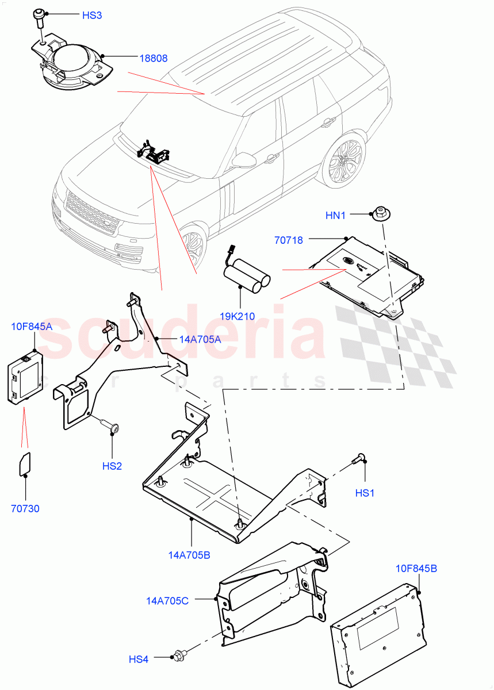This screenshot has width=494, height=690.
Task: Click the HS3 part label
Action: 91,15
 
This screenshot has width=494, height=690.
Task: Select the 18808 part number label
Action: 154,58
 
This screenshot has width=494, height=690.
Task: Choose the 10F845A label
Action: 31,327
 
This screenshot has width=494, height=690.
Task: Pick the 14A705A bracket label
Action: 200,339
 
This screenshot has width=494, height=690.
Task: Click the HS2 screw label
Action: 112,466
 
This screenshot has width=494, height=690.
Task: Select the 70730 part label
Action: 25,508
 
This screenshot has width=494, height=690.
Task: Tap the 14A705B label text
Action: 189,555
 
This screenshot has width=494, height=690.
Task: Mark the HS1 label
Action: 365,493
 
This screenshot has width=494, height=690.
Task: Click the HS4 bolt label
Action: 138,659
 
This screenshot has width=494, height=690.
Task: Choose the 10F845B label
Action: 416,569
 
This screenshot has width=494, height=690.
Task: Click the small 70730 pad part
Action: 25,464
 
